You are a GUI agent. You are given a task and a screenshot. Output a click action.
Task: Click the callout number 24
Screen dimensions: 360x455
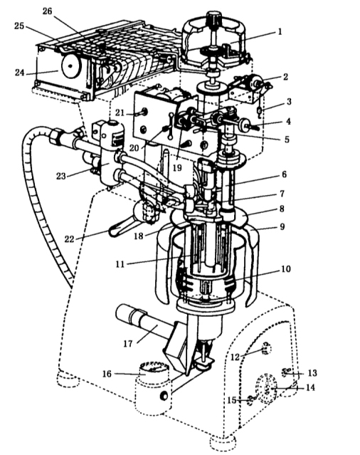click(x=20, y=72)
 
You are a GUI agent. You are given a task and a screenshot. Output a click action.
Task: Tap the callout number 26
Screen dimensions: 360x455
click(x=48, y=11)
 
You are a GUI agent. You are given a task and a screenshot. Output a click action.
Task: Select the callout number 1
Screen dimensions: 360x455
click(x=280, y=31)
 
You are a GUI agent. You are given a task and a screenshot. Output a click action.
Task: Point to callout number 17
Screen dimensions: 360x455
click(x=128, y=344)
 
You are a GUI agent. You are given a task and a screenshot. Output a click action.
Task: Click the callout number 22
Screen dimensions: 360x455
click(x=69, y=239)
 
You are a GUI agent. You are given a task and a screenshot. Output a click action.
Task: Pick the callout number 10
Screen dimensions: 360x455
click(x=285, y=268)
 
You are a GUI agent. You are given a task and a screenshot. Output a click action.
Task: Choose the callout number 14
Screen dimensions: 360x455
click(x=310, y=387)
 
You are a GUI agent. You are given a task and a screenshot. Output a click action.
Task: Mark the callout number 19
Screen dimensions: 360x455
click(x=177, y=167)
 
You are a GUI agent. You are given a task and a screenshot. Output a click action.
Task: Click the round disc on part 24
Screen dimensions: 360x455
click(x=70, y=66)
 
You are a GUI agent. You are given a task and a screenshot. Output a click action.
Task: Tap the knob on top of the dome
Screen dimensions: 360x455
click(x=213, y=17)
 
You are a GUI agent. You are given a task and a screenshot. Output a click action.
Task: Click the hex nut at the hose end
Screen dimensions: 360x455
click(x=55, y=136)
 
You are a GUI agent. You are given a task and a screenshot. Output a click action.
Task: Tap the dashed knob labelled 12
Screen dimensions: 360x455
click(x=266, y=348)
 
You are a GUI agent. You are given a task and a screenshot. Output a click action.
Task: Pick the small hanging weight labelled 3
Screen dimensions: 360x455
click(x=260, y=110)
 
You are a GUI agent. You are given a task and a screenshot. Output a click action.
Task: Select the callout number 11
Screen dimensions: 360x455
click(x=120, y=264)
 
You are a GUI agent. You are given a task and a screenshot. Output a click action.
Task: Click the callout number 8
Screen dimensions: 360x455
click(x=282, y=209)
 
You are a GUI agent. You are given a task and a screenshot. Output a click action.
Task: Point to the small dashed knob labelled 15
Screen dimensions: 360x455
click(x=250, y=401)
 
